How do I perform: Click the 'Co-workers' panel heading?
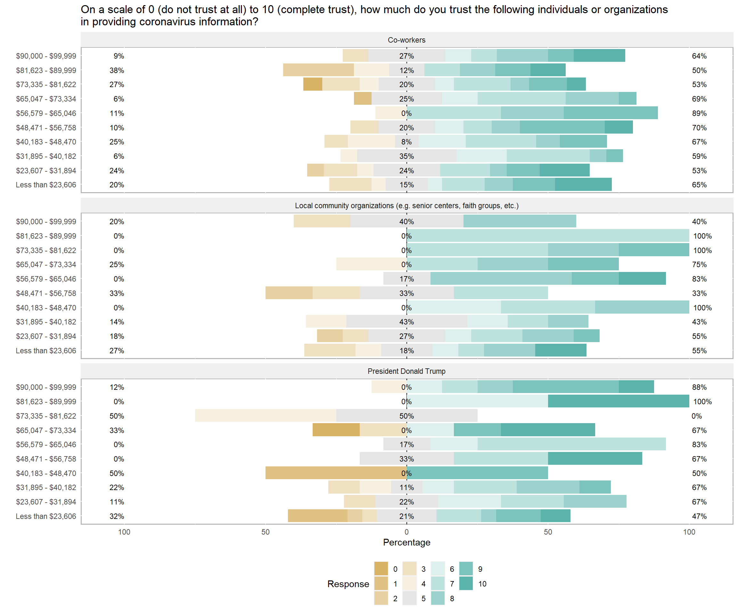(406, 40)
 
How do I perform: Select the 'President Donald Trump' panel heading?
(406, 371)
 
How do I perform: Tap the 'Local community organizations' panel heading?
(406, 206)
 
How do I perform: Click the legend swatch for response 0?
(381, 569)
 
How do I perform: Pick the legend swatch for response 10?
(466, 584)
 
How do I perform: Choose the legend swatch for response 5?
(409, 598)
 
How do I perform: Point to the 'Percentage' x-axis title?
(406, 542)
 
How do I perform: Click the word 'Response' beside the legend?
(348, 584)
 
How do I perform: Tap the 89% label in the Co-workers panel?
(699, 113)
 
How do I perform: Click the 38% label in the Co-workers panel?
(117, 70)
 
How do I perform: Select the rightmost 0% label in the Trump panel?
(697, 416)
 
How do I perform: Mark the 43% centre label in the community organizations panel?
(406, 322)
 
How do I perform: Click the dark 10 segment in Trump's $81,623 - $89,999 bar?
(618, 401)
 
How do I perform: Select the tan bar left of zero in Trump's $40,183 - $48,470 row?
(336, 473)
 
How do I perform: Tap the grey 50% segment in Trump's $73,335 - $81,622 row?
(406, 416)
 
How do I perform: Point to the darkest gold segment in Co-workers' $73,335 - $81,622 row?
(313, 84)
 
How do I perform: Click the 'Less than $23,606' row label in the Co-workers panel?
(46, 185)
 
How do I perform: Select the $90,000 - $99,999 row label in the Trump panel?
(46, 387)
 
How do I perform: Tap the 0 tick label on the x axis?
(406, 532)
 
